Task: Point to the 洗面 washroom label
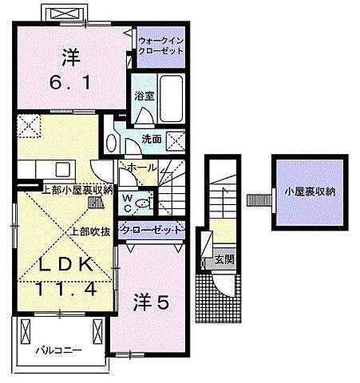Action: [152, 138]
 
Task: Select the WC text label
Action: [126, 203]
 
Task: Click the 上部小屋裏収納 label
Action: [77, 189]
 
